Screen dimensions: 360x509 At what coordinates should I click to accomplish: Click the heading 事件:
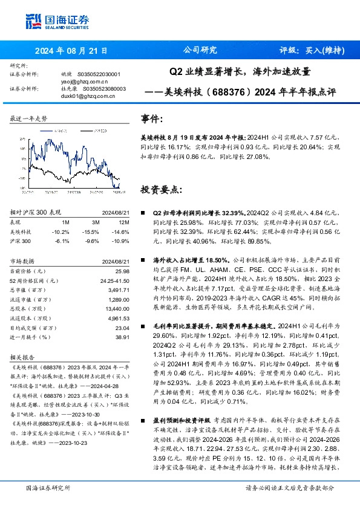pyautogui.click(x=152, y=118)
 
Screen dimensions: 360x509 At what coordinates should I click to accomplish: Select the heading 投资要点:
pyautogui.click(x=160, y=189)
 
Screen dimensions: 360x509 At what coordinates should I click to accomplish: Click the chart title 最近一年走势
pyautogui.click(x=28, y=118)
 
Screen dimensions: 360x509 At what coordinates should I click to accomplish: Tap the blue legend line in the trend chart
pyautogui.click(x=43, y=128)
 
